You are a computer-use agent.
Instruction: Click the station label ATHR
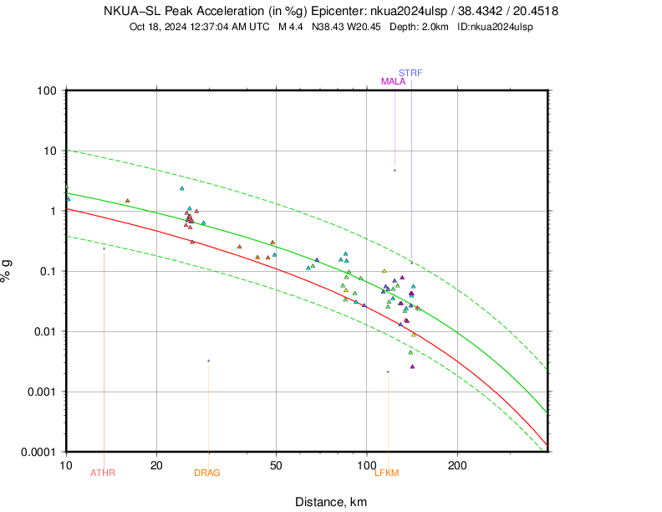(x=103, y=474)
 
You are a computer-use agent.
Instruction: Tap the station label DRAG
(x=207, y=474)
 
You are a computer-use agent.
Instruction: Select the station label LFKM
(x=387, y=474)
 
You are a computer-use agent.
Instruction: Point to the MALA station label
(x=393, y=82)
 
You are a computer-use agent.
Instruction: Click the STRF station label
(x=410, y=73)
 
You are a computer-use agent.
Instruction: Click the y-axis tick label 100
(x=47, y=90)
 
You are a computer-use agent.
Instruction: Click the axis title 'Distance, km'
(x=331, y=502)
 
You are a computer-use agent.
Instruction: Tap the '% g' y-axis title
(x=8, y=271)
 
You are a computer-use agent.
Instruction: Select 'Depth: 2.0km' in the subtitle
(x=421, y=27)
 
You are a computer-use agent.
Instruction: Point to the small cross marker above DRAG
(x=208, y=361)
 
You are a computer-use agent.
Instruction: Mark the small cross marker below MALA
(x=395, y=170)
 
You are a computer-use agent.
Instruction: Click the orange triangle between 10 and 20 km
(x=127, y=201)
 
